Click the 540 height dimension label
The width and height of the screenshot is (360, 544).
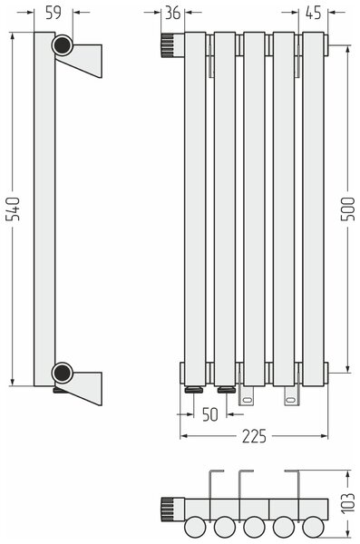click(14, 209)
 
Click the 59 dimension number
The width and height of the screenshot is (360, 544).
click(54, 13)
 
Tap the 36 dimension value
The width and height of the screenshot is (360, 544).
click(172, 13)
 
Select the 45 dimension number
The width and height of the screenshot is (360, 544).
click(313, 13)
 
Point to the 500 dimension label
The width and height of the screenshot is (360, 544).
click(348, 209)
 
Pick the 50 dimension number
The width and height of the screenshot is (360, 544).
click(209, 414)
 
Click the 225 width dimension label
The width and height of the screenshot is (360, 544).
click(254, 436)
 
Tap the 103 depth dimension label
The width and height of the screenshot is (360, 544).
click(348, 503)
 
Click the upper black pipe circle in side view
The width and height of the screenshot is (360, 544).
click(63, 45)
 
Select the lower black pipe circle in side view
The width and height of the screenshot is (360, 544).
click(63, 373)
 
